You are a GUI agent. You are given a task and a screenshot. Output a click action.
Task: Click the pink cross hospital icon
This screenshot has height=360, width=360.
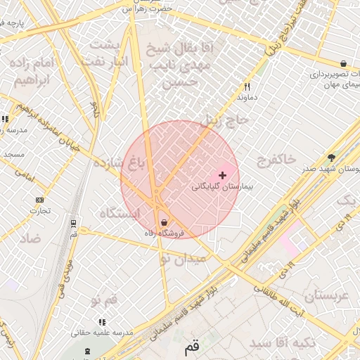[x=223, y=175]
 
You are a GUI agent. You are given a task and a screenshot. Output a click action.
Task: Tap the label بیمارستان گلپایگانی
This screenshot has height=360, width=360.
[x=217, y=188]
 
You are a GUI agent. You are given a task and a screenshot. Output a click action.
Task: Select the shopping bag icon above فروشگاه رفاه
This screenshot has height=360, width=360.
[x=164, y=222]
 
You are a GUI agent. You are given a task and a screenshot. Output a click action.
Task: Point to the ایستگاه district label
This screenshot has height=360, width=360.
[x=120, y=212]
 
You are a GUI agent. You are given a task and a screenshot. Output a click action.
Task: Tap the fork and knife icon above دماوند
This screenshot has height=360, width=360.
[x=247, y=87]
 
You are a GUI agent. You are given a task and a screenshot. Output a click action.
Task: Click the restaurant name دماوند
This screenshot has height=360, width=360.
[x=247, y=98]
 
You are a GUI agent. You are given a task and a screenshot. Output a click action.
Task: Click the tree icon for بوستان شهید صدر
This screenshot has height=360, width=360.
[x=331, y=157]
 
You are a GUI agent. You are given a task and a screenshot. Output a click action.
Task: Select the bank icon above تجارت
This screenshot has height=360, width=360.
[x=39, y=200]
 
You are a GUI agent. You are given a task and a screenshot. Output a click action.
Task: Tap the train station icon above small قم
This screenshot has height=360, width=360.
[x=74, y=224]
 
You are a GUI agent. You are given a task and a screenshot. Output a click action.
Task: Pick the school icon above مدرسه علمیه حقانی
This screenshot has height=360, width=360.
[x=103, y=322]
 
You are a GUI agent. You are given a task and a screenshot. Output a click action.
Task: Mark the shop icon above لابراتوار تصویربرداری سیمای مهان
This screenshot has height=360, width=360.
[x=342, y=63]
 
